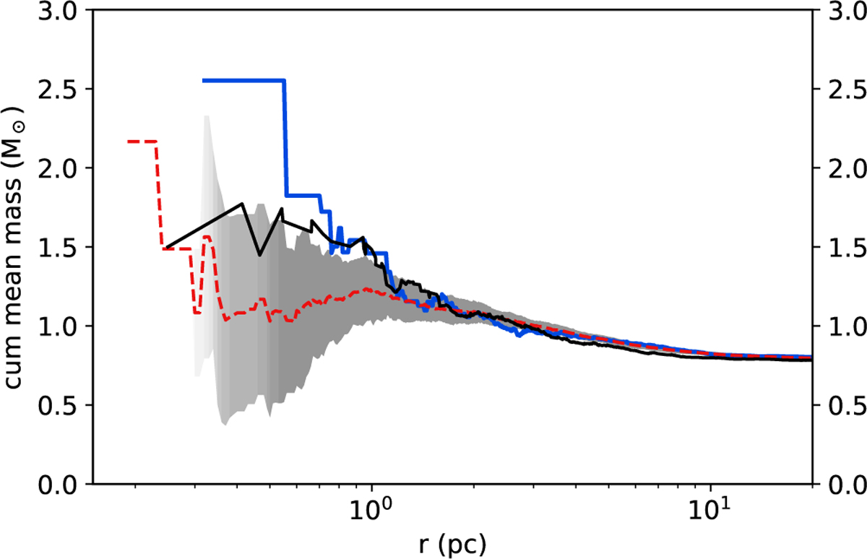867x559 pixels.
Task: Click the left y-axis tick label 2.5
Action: click(66, 90)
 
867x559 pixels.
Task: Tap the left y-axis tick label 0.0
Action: click(66, 484)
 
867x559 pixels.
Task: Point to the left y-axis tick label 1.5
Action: click(66, 248)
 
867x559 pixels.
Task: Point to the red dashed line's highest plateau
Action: click(142, 142)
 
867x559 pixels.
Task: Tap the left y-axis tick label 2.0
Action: click(66, 168)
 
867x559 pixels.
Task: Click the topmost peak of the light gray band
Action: click(207, 116)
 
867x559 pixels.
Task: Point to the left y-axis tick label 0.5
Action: click(66, 405)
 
